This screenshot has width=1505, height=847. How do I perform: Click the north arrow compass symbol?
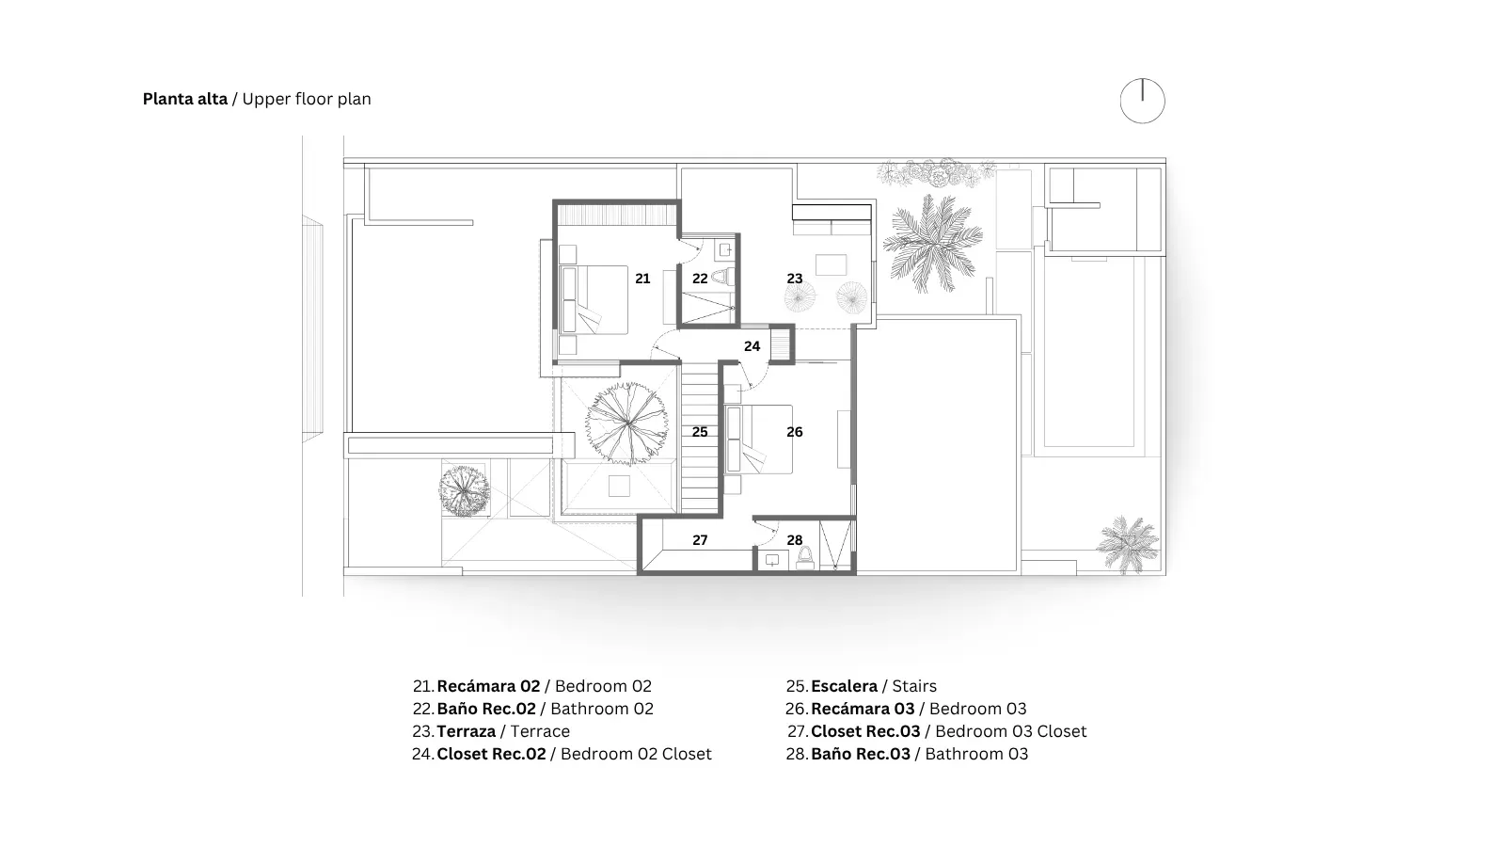[1142, 101]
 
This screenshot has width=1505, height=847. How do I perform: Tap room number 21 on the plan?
[642, 279]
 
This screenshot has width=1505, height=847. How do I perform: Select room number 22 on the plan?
[700, 279]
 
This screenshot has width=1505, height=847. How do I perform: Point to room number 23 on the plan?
[794, 279]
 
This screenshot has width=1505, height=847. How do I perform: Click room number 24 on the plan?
[752, 346]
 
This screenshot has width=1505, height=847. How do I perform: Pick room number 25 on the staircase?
[700, 432]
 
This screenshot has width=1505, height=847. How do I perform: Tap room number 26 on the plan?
[794, 432]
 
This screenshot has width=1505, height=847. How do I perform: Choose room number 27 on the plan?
[700, 540]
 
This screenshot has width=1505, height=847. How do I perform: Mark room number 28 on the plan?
[794, 540]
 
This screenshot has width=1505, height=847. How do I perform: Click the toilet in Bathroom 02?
[722, 277]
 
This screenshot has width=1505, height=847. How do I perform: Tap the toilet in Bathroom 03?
[804, 558]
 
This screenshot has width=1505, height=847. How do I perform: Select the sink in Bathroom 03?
[772, 559]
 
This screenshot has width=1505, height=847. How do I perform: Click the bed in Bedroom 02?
[594, 300]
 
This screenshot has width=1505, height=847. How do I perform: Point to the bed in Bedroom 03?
[758, 439]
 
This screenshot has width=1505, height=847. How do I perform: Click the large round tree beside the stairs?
[626, 423]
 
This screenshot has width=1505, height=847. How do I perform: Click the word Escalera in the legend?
[844, 686]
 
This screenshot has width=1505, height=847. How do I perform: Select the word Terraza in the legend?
[467, 731]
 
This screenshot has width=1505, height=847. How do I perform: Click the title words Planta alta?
[184, 99]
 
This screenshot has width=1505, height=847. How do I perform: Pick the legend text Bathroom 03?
[976, 754]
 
